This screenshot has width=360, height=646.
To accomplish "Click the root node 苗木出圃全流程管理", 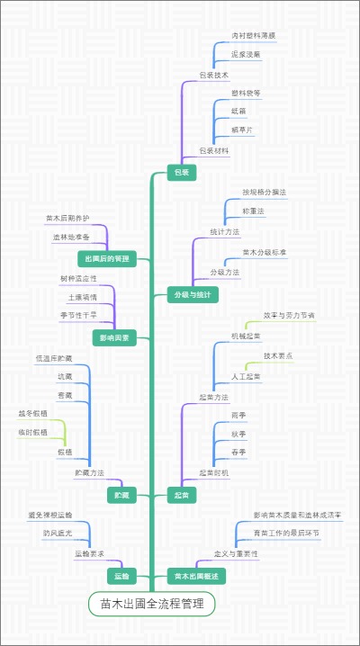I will [x=152, y=604].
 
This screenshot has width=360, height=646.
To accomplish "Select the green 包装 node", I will [x=181, y=171].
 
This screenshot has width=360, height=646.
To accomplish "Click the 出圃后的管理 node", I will [x=108, y=259].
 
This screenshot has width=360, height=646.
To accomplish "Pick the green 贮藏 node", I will [x=121, y=495].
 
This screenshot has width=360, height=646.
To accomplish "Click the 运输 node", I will [x=121, y=575].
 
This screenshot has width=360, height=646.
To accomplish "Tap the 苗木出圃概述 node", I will [x=195, y=575].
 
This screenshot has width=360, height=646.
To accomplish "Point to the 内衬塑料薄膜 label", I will [x=254, y=35].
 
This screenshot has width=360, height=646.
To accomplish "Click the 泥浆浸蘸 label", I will [x=246, y=54].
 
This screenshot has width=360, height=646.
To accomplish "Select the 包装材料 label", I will [x=214, y=150].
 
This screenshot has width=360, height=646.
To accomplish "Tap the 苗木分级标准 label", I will [x=265, y=253].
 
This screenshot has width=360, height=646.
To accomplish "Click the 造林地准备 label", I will [x=71, y=237].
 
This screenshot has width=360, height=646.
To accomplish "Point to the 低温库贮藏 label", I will [x=54, y=358].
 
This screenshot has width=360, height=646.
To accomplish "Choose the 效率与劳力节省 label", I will [x=289, y=316].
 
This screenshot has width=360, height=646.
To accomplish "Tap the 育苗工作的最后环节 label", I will [x=286, y=534].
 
